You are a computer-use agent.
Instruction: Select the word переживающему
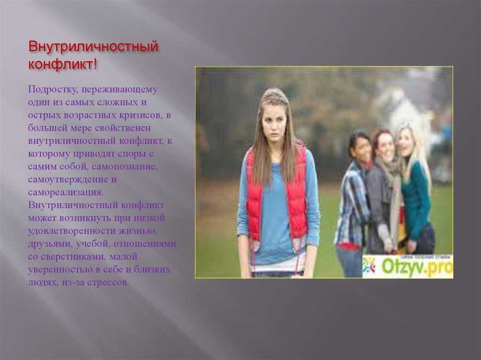pos(120,90)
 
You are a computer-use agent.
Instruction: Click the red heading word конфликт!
pos(62,64)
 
